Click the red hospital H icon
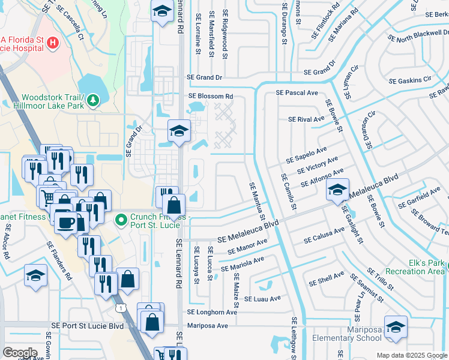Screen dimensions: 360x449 53,43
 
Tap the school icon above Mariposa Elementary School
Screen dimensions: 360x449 396,326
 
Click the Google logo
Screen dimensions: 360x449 20,353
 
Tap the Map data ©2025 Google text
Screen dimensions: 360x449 411,355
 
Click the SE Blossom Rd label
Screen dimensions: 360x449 211,96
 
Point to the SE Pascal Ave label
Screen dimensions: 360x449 297,93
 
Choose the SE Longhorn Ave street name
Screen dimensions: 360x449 212,312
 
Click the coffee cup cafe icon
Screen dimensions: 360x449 65,222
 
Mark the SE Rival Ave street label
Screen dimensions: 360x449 306,119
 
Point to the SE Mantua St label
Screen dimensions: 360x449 256,200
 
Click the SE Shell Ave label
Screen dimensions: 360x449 327,279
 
